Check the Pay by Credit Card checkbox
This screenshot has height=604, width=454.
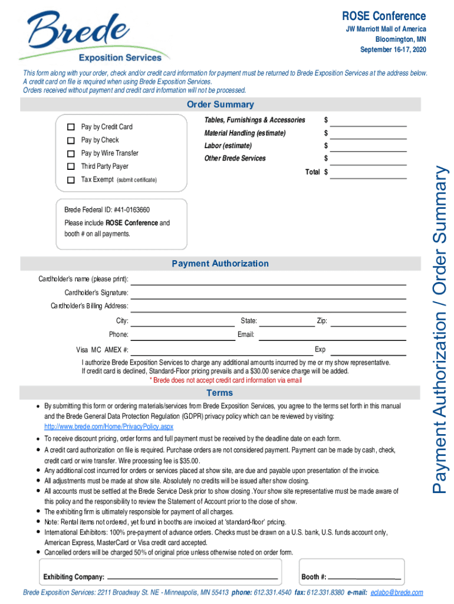click(71, 127)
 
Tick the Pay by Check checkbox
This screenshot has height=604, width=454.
click(71, 140)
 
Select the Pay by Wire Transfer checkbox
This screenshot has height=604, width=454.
click(71, 153)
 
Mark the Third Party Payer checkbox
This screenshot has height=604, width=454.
click(71, 166)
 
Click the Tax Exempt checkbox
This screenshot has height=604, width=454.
click(71, 179)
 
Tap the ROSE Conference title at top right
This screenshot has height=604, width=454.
click(384, 16)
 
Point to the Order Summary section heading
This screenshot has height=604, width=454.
click(221, 104)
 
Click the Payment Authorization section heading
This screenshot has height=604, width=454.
click(220, 264)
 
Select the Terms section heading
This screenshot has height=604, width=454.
click(219, 393)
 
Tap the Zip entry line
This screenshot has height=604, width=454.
click(368, 324)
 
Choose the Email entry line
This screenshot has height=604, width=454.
click(331, 337)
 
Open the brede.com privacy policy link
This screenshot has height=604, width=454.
click(109, 426)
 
